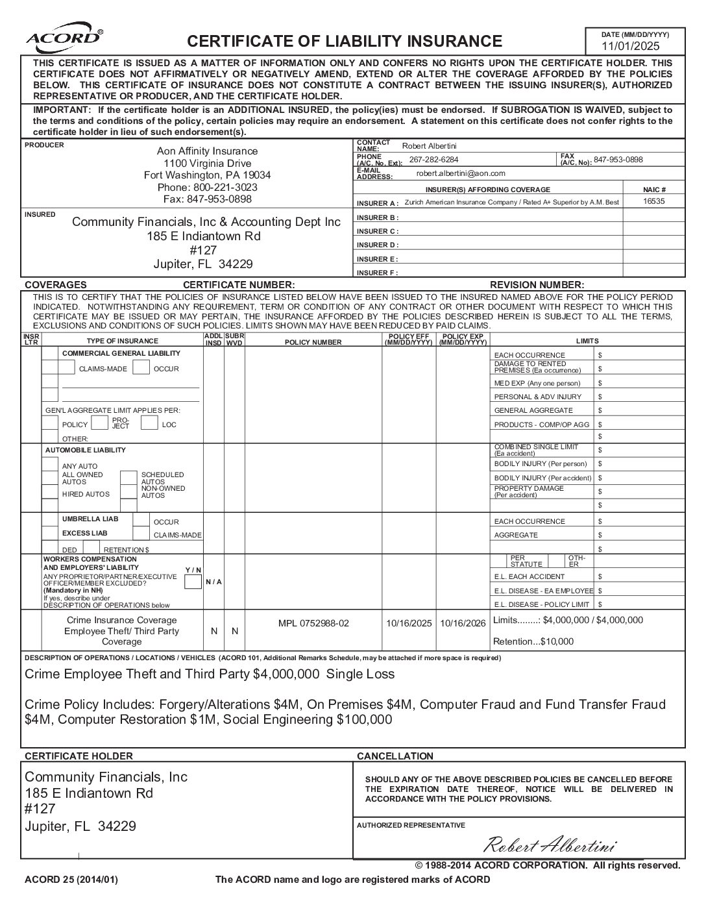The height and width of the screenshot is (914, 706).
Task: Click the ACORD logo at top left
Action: (63, 38)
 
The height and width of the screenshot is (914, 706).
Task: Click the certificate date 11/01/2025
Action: (629, 46)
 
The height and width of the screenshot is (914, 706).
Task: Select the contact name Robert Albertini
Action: (429, 146)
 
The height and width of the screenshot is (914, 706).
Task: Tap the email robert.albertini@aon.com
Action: (461, 173)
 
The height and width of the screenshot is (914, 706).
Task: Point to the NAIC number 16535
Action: (653, 201)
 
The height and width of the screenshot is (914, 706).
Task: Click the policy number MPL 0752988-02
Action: (313, 623)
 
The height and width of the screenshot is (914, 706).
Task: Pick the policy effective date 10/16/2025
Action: (409, 623)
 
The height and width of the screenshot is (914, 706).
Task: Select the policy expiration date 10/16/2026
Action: (463, 623)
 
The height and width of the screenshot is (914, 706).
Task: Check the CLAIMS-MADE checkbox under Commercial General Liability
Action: (67, 368)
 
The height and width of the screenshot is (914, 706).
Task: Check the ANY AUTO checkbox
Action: (50, 465)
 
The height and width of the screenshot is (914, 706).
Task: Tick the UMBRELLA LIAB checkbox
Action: (50, 520)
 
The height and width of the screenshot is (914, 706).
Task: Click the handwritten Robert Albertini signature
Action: (550, 845)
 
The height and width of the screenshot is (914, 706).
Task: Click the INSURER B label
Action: (377, 217)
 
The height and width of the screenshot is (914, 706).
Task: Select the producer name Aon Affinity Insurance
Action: (207, 151)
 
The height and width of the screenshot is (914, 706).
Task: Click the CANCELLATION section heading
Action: (395, 756)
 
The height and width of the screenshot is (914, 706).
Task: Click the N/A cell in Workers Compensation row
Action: (213, 582)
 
